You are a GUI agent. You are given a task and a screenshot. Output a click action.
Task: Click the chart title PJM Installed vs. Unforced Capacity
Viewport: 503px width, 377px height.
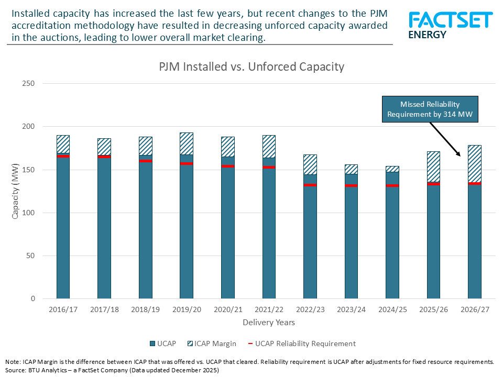(x=251, y=66)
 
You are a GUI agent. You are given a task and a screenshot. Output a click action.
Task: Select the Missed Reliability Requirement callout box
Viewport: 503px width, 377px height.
(x=430, y=109)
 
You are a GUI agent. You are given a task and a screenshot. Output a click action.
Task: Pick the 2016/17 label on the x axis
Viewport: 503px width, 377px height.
(x=63, y=309)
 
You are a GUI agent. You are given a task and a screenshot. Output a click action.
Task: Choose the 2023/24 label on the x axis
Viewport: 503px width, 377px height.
(x=351, y=309)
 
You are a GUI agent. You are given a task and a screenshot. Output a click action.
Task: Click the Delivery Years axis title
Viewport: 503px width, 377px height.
(x=269, y=322)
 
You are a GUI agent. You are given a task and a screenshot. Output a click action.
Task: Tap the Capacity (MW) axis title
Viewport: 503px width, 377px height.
(x=16, y=191)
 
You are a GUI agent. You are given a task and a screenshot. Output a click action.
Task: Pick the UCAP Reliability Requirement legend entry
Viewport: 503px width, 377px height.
(x=301, y=344)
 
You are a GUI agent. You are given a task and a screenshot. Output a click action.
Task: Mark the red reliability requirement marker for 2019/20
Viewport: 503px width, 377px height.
(x=187, y=164)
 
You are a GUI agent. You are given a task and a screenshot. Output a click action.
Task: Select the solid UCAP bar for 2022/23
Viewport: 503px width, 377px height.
(x=310, y=241)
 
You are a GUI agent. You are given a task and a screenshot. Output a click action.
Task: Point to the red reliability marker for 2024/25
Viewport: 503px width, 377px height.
(x=392, y=185)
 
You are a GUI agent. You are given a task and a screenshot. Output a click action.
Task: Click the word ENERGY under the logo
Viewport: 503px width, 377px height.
(x=427, y=35)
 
